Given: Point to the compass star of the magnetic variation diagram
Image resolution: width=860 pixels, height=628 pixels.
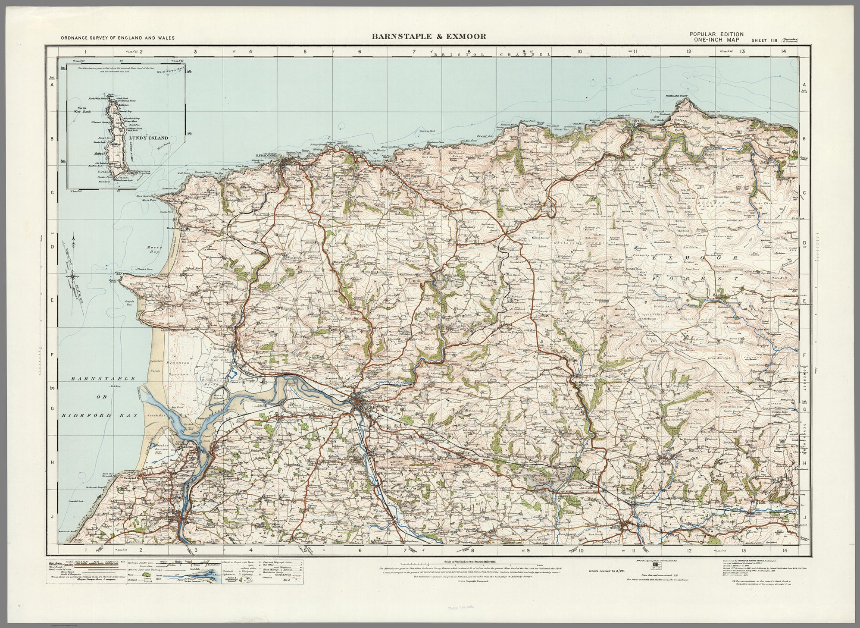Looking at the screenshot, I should [x=74, y=274].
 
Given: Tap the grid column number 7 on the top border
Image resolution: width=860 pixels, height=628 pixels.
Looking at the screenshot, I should [x=414, y=52].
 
